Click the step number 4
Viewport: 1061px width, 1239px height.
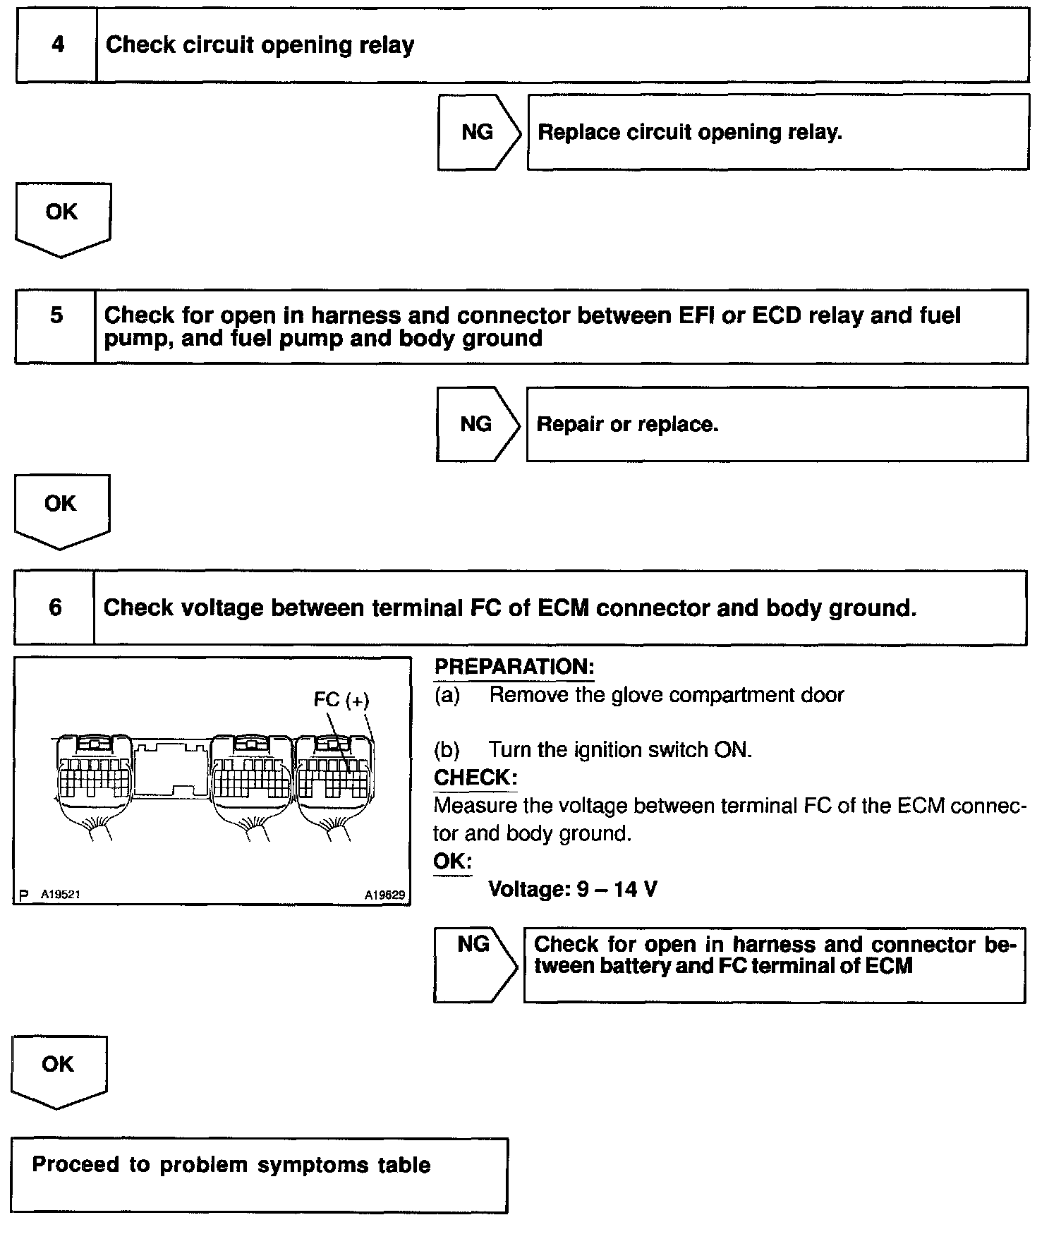point(58,44)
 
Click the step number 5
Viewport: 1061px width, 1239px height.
point(56,315)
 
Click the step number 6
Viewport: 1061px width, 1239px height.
point(55,608)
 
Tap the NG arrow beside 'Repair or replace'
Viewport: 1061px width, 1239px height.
point(477,424)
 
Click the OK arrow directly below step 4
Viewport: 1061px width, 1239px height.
point(62,217)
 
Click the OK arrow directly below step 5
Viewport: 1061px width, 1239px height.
point(61,509)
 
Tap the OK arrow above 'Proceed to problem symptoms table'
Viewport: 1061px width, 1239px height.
point(59,1070)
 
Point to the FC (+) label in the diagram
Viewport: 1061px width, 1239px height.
point(341,699)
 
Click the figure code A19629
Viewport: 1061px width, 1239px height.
point(385,895)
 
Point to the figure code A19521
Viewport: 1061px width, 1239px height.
point(60,895)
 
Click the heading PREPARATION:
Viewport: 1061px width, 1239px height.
point(514,667)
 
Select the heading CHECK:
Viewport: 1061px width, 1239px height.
point(475,778)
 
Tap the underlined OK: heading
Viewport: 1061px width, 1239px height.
point(452,861)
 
